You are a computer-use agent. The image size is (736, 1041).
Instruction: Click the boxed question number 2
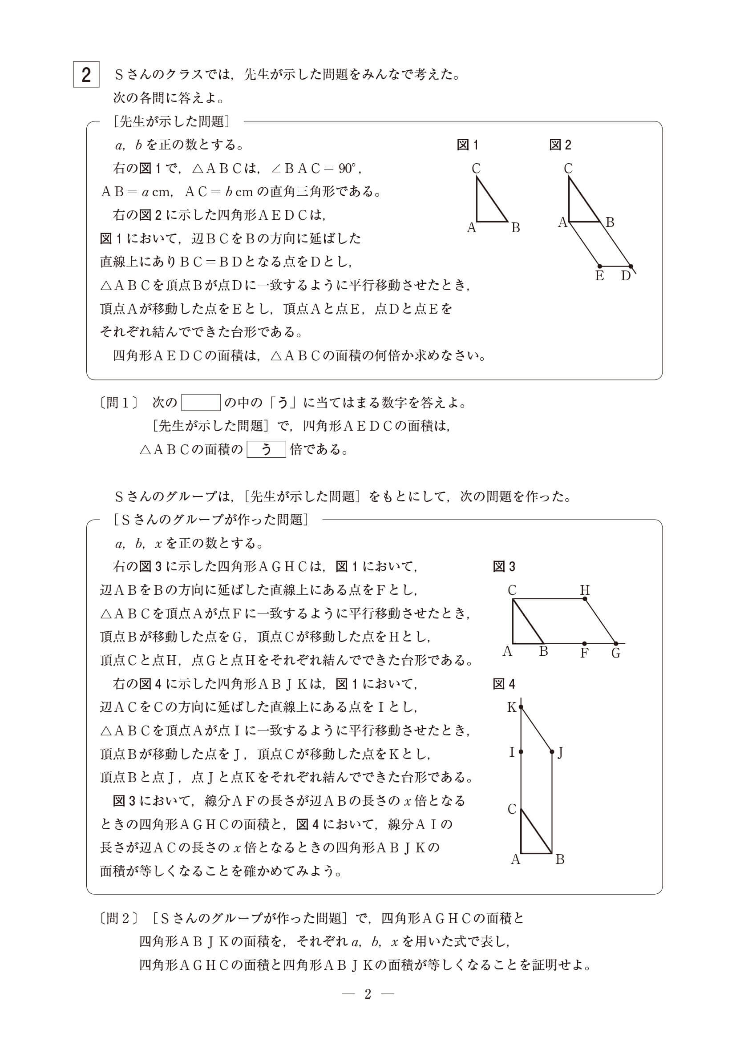[86, 75]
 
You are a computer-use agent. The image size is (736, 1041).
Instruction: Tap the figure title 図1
[467, 145]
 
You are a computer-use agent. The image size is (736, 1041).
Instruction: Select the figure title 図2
[560, 145]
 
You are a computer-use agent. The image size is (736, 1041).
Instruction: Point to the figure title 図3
[504, 567]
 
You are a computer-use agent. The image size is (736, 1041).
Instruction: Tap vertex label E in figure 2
[599, 276]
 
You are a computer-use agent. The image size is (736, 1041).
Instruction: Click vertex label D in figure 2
[626, 276]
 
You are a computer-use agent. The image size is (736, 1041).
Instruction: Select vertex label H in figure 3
[585, 590]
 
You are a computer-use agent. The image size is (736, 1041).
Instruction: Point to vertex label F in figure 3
[585, 654]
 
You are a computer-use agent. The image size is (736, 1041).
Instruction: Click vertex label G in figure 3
[616, 654]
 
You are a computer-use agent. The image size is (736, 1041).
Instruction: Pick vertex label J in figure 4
[561, 753]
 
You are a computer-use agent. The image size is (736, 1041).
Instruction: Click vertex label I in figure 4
[512, 753]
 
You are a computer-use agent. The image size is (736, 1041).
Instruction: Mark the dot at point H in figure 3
[585, 599]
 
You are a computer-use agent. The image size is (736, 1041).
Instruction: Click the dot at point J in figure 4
[552, 752]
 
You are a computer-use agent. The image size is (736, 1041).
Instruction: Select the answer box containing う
[266, 449]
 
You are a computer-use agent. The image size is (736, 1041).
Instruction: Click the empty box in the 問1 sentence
[201, 402]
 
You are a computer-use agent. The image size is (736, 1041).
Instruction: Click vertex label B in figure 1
[516, 228]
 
